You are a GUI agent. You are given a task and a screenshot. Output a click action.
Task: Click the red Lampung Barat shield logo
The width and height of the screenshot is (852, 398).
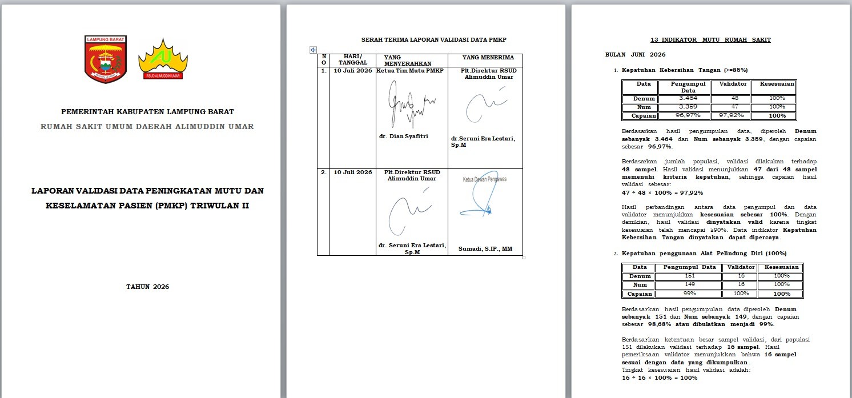(x=106, y=59)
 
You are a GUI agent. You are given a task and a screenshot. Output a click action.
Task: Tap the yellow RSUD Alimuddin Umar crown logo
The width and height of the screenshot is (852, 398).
(x=163, y=59)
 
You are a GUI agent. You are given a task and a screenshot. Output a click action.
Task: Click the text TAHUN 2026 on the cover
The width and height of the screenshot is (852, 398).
(x=147, y=287)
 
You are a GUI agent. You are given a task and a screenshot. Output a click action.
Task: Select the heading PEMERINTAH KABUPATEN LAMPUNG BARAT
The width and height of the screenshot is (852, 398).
(x=147, y=112)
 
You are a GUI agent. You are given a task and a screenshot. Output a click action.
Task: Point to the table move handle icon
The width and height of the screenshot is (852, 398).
(x=313, y=50)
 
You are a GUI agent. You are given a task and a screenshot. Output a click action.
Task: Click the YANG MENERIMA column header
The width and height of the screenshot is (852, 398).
(x=488, y=58)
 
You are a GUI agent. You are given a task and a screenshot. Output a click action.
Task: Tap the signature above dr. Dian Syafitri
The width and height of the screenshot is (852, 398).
(x=411, y=104)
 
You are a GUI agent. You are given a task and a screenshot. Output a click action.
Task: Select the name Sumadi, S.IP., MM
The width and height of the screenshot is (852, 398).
(x=485, y=249)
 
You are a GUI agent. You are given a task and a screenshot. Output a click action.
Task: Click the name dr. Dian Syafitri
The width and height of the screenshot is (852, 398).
(x=404, y=136)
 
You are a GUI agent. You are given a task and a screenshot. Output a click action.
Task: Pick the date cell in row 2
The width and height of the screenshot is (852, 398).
(x=352, y=172)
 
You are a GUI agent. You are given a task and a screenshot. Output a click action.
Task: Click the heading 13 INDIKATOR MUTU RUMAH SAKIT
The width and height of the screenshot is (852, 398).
(x=710, y=39)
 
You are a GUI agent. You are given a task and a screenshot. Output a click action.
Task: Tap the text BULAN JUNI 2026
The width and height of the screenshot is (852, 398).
(x=635, y=54)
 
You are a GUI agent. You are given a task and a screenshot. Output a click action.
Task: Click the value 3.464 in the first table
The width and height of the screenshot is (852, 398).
(x=688, y=98)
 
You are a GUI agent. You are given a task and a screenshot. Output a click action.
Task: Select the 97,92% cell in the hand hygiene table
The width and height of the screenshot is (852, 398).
(x=731, y=115)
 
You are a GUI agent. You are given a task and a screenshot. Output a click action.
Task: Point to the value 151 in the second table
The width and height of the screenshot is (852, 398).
(x=690, y=276)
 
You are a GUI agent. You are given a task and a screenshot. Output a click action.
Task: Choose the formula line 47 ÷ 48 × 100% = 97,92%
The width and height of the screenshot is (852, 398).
(x=662, y=193)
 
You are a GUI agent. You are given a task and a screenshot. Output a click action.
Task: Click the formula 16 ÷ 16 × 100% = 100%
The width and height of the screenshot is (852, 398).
(x=660, y=378)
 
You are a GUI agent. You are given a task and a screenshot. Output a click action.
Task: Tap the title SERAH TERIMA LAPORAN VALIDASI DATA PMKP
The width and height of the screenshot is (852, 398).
(x=433, y=39)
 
